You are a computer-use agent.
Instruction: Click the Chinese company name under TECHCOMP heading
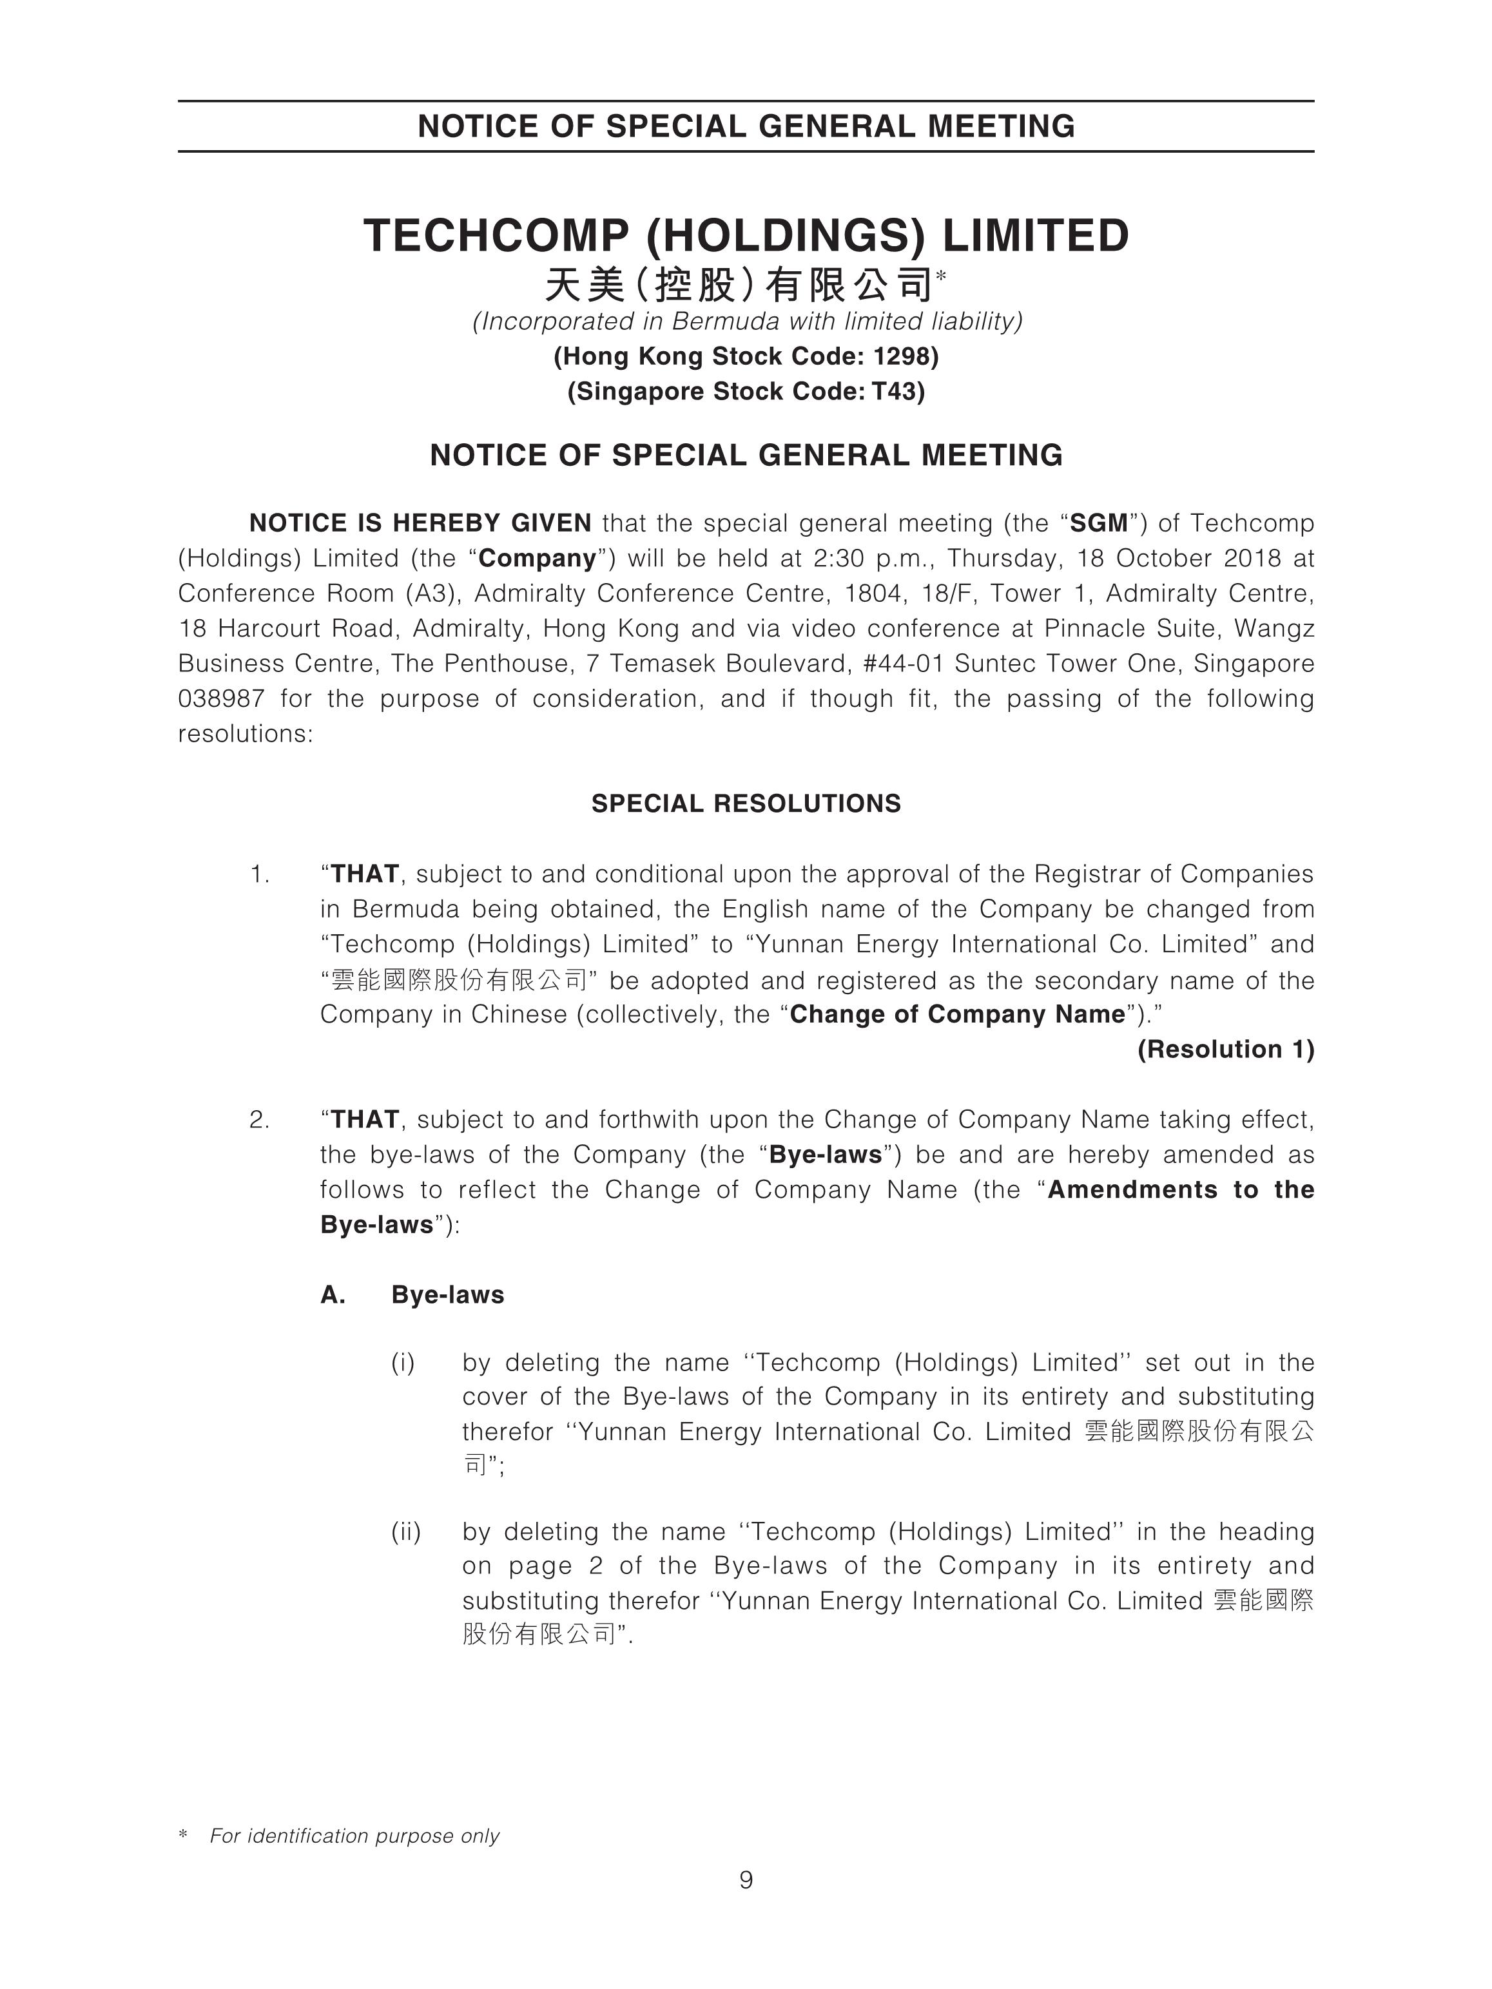[739, 286]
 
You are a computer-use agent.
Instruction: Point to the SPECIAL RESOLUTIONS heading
[746, 803]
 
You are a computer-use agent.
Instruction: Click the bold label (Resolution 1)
[1225, 1050]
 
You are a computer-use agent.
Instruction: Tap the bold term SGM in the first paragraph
[1098, 523]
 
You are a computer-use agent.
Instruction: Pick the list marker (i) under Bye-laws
[403, 1362]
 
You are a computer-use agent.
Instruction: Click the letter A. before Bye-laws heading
[333, 1295]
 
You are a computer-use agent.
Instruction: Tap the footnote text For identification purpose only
[354, 1835]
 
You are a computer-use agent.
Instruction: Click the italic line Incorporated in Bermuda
[748, 322]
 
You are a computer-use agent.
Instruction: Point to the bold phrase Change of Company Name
[957, 1014]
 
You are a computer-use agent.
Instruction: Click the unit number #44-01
[898, 664]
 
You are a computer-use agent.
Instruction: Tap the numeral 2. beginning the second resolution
[259, 1119]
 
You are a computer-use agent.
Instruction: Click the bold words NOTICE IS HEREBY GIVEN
[420, 523]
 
